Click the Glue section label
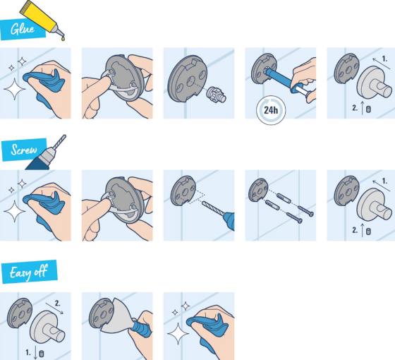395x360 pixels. point(22,30)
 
